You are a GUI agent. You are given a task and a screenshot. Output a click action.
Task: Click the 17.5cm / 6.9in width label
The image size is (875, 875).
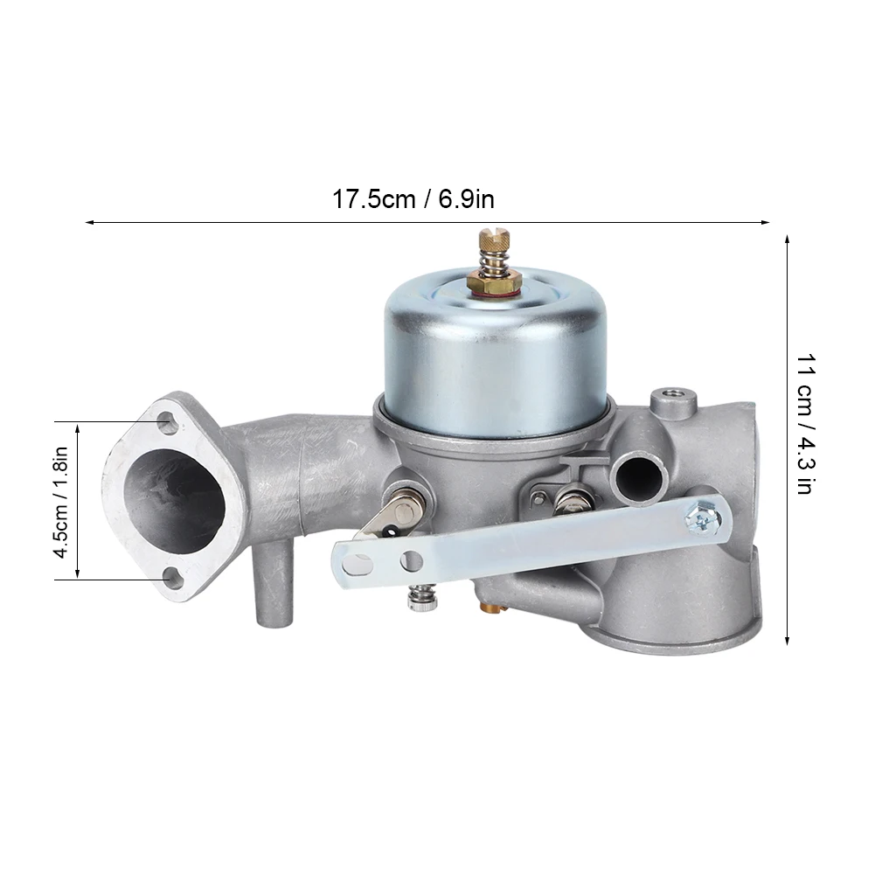413,199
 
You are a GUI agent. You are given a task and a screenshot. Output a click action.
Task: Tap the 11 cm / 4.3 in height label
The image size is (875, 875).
804,425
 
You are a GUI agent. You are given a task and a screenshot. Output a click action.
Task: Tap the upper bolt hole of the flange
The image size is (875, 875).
167,425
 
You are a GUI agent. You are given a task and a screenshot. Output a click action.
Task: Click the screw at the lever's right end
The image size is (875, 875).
704,518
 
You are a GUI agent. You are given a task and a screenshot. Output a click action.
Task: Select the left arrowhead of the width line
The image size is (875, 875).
88,222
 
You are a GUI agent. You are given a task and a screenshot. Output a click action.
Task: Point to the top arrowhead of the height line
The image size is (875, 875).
788,239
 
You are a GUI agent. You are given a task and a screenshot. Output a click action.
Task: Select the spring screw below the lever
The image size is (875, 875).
417,599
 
